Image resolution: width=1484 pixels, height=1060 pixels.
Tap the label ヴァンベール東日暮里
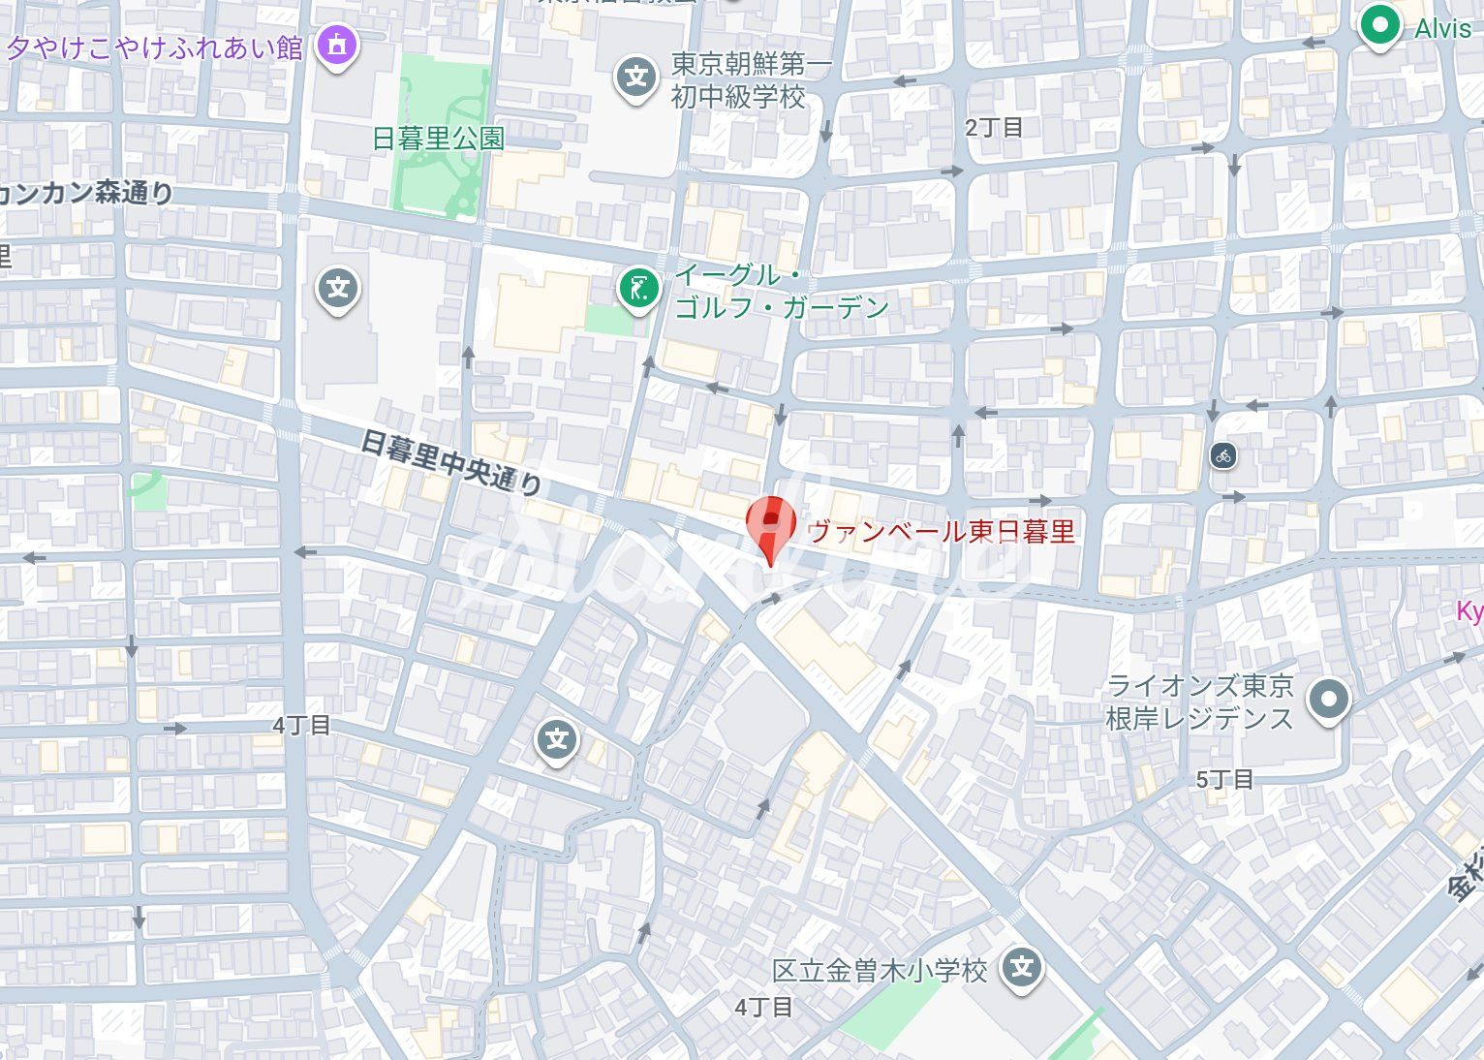(x=941, y=531)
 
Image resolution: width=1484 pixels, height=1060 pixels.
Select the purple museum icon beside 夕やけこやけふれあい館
(x=336, y=45)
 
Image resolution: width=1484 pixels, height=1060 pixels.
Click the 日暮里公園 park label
(x=438, y=139)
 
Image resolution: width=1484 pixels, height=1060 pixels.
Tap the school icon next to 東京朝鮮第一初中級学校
(x=635, y=77)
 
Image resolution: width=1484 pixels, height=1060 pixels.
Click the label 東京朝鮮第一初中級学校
(x=751, y=80)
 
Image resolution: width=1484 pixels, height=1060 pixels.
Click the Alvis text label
(x=1442, y=28)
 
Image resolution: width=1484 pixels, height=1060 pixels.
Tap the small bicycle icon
(x=1223, y=454)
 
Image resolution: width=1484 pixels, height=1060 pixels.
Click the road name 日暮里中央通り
(x=450, y=461)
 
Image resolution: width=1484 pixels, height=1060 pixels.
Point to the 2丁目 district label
(x=994, y=128)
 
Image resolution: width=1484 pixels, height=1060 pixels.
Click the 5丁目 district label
(x=1224, y=779)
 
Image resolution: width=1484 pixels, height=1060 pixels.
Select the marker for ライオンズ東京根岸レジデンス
(x=1328, y=699)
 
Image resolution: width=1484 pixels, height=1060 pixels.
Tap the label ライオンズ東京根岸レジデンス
(x=1199, y=701)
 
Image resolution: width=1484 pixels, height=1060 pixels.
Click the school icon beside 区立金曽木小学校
(x=1022, y=967)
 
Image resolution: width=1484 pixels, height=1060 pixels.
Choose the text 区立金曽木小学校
(x=880, y=970)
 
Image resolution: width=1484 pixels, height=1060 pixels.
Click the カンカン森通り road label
(x=87, y=193)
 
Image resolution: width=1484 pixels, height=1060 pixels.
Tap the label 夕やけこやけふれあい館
(x=155, y=47)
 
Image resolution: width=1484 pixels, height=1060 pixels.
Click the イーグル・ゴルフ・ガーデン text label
(x=781, y=291)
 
